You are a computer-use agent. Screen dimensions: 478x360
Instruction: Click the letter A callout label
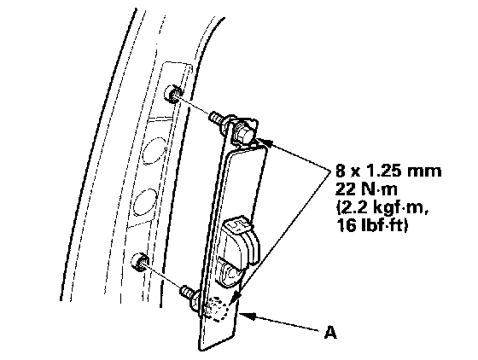tap(330, 332)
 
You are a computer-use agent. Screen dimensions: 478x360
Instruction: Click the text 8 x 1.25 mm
tap(388, 171)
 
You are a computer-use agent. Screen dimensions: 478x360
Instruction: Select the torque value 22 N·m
tap(366, 189)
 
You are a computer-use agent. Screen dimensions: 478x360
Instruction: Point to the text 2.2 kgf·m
tap(382, 209)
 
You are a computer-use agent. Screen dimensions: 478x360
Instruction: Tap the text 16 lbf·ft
tap(372, 226)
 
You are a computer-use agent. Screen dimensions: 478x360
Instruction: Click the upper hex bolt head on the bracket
tap(243, 132)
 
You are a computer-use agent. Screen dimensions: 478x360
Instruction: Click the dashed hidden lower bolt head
tap(218, 309)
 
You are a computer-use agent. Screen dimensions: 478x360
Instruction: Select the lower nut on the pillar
tap(140, 261)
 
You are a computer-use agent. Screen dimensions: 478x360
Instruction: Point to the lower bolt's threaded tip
tap(187, 292)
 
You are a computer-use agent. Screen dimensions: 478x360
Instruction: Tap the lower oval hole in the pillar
tap(145, 201)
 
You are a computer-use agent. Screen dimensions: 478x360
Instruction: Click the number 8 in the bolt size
tap(341, 171)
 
